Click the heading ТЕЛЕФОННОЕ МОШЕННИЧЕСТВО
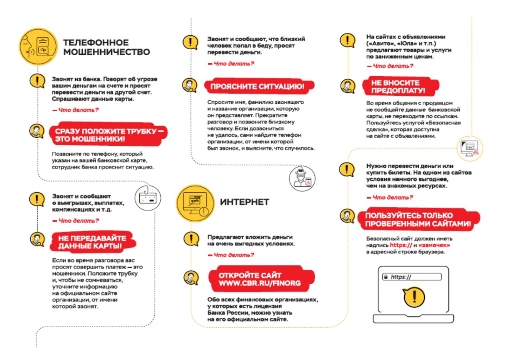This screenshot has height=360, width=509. (x=106, y=47)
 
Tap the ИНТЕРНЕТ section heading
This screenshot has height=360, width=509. (x=244, y=202)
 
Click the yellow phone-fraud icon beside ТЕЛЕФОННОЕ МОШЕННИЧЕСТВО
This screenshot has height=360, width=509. (x=38, y=47)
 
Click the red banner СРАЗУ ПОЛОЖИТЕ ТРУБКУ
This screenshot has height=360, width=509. (x=108, y=135)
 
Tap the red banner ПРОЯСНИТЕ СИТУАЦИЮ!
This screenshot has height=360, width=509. (x=258, y=86)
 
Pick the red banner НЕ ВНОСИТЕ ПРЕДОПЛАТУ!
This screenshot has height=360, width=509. (x=399, y=87)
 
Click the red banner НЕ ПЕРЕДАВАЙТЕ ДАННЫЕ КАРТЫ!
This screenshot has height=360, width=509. (x=93, y=242)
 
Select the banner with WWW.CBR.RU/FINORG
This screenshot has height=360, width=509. (x=260, y=279)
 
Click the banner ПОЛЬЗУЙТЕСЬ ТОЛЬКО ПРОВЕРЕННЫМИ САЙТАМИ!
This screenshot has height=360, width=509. (x=418, y=219)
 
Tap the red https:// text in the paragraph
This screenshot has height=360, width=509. (x=401, y=245)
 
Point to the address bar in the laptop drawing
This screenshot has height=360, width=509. (x=412, y=277)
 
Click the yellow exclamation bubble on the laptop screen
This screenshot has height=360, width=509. (x=414, y=297)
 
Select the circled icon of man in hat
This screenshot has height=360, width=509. (x=302, y=178)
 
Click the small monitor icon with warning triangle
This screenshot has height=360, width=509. (x=470, y=148)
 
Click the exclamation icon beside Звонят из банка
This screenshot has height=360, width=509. (x=37, y=81)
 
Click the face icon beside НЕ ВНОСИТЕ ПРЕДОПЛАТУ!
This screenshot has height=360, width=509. (x=347, y=86)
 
